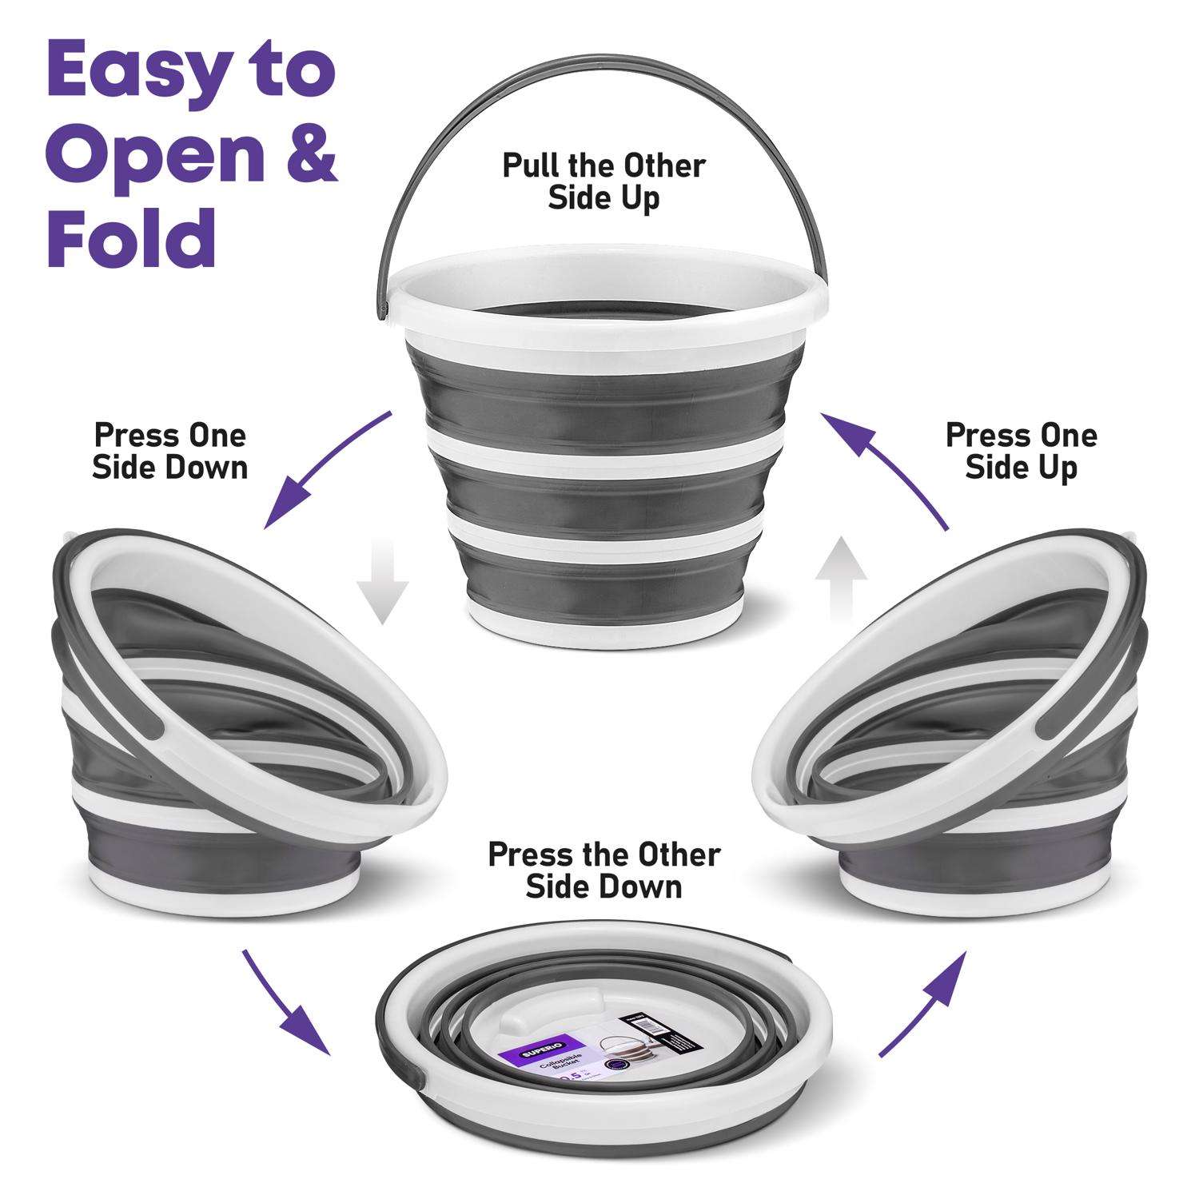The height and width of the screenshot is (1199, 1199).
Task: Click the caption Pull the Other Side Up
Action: (x=603, y=182)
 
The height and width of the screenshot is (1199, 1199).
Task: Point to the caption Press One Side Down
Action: (x=169, y=452)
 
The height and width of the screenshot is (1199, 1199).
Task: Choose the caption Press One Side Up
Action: (x=1021, y=452)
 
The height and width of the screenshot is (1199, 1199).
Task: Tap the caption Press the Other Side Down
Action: (x=603, y=871)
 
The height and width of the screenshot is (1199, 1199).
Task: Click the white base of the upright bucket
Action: (x=603, y=619)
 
